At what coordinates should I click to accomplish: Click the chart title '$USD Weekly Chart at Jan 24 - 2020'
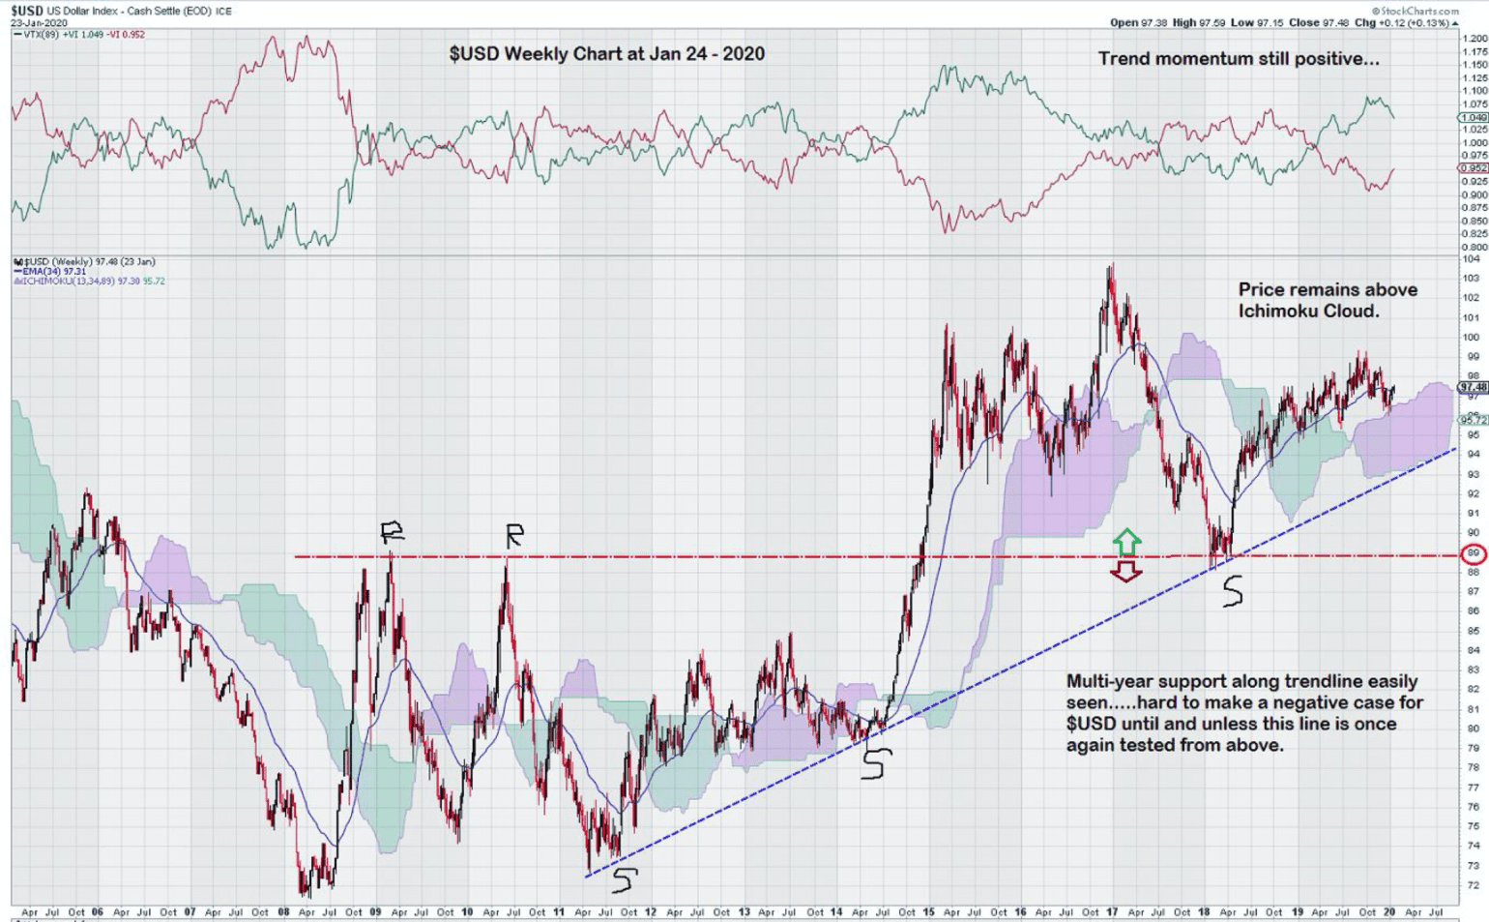[606, 54]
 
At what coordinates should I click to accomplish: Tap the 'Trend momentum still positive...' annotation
[1239, 59]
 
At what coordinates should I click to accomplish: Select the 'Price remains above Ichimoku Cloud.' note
[1327, 300]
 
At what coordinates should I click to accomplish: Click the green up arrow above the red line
[1126, 542]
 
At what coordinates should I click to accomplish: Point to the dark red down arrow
[1125, 572]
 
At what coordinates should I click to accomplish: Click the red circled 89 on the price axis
[1474, 555]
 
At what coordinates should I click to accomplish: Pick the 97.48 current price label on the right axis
[1473, 387]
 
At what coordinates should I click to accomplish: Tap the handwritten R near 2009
[392, 531]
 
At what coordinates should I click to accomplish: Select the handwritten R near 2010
[514, 535]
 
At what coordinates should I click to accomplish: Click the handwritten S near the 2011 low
[625, 879]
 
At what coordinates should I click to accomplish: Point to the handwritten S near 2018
[1232, 591]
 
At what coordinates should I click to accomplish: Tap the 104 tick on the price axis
[1471, 259]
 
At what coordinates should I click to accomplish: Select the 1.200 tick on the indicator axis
[1474, 39]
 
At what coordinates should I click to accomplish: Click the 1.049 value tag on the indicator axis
[1474, 117]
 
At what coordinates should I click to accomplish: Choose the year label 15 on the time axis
[928, 912]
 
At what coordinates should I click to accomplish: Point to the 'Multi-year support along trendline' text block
[1243, 713]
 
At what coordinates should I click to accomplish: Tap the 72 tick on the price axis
[1471, 885]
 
